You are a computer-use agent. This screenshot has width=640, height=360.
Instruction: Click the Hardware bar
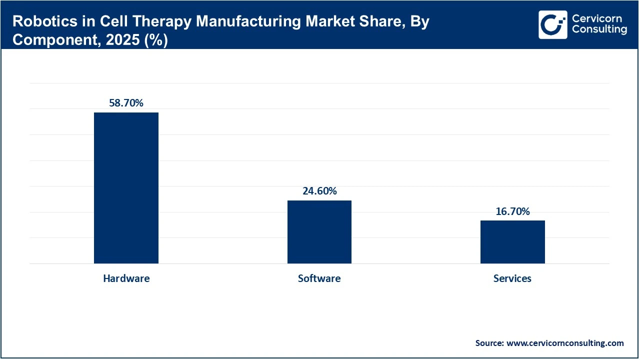pos(126,188)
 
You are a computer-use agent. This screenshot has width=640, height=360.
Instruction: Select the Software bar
pos(319,232)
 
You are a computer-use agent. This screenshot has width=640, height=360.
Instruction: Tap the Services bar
pos(512,242)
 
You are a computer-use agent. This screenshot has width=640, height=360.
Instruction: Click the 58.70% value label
pos(126,103)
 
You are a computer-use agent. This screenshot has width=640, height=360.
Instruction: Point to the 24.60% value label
pos(319,191)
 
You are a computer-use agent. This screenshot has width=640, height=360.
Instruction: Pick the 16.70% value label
pos(512,211)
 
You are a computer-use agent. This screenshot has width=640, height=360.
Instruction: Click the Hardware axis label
pos(126,278)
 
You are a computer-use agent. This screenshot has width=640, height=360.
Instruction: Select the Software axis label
pos(319,278)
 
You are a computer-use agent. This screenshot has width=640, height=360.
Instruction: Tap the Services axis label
pos(512,278)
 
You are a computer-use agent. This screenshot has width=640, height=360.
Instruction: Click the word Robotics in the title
pos(39,22)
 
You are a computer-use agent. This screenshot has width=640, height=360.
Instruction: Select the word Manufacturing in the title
pos(221,22)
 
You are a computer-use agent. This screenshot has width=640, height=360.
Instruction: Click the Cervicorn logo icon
pos(553,24)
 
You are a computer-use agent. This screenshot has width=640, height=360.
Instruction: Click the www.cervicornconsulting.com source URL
pos(565,343)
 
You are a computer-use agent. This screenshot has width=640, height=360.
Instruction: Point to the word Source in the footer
pos(488,343)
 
